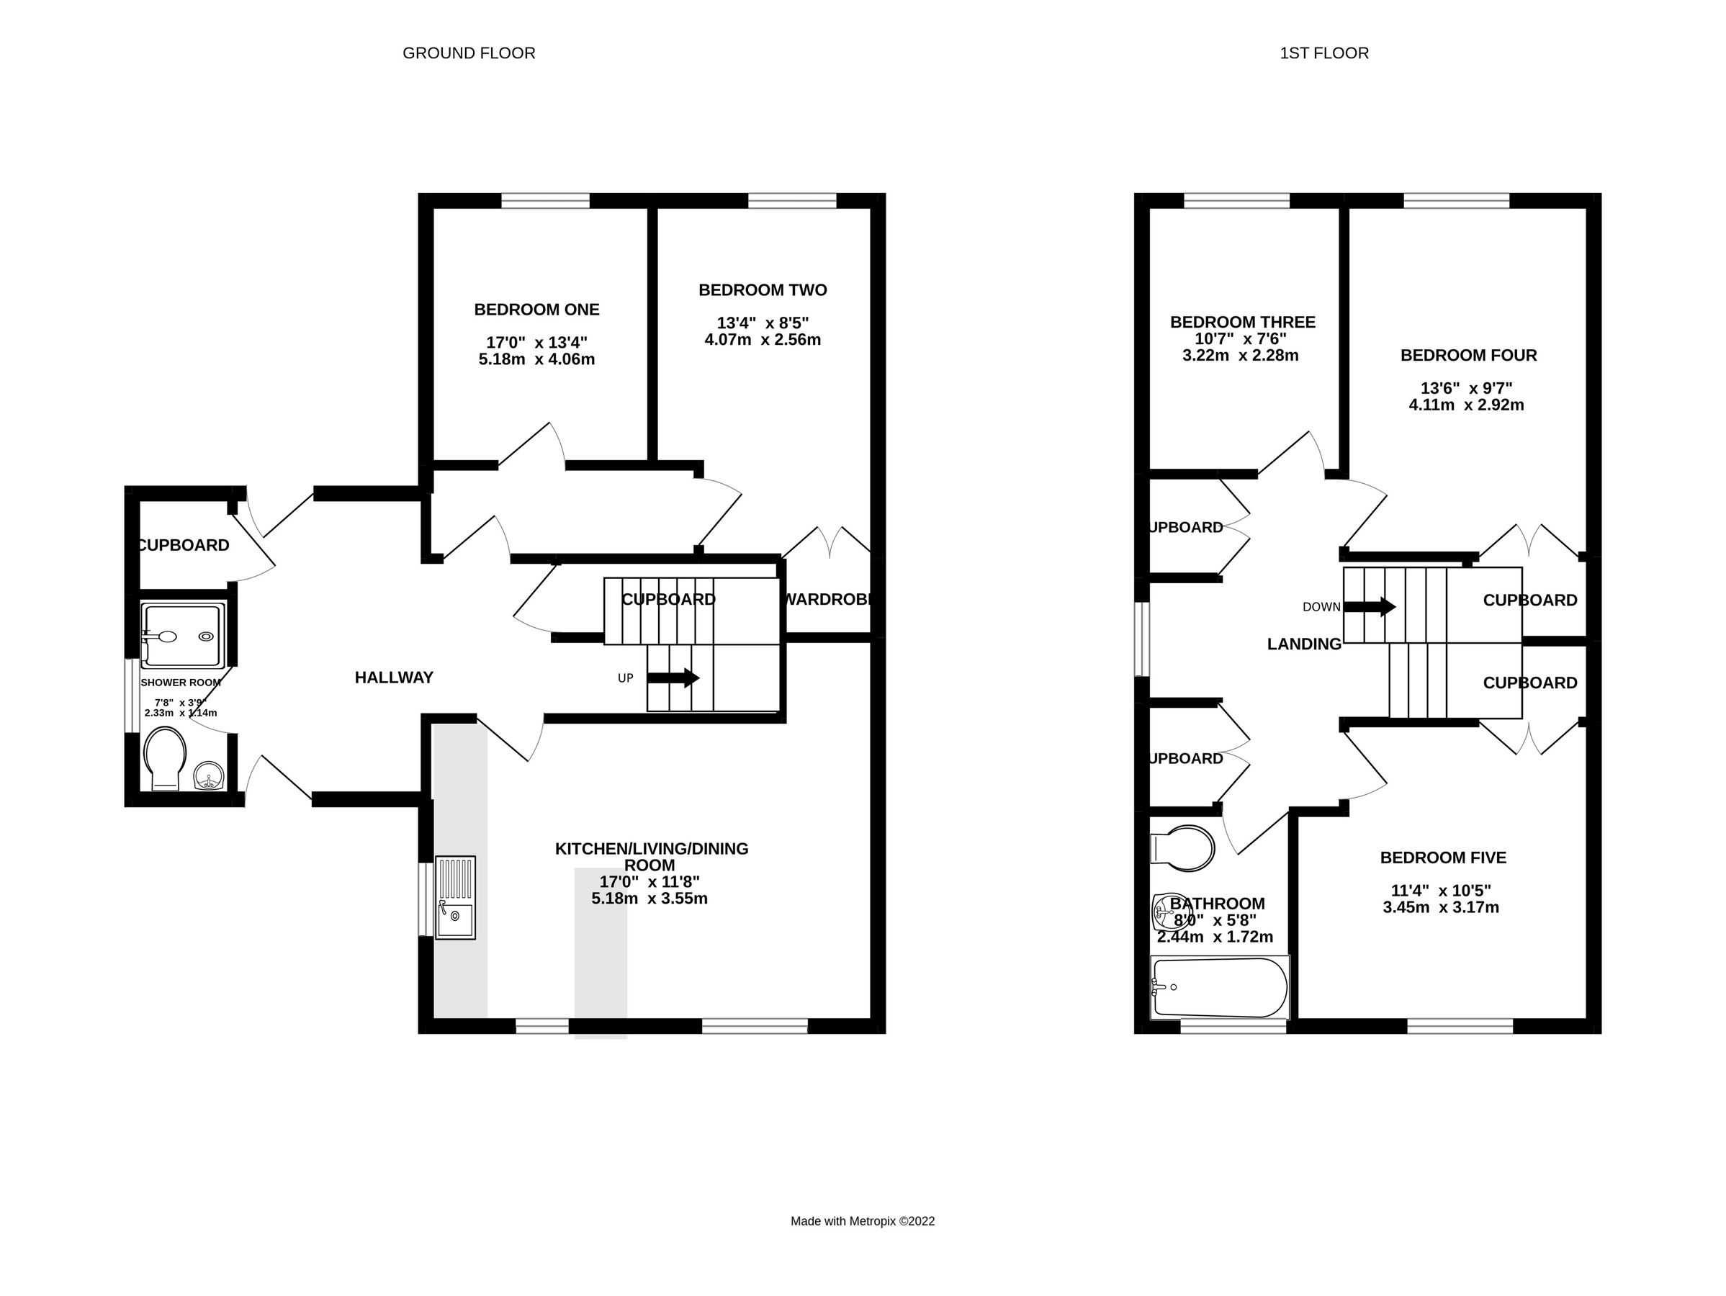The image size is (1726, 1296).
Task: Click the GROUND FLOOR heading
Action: pos(468,53)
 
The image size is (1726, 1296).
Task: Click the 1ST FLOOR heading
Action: pos(1324,53)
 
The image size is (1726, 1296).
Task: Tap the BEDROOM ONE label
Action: pos(537,310)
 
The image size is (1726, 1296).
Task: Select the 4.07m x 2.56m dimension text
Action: pos(763,340)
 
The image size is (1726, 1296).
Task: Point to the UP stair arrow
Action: pos(673,678)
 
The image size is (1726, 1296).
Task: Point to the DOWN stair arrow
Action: pos(1370,606)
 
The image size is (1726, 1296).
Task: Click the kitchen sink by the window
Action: pos(455,897)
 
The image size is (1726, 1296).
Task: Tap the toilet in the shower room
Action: pos(166,757)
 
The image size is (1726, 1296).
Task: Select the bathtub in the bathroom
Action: pos(1220,988)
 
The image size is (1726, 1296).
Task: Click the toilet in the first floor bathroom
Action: pos(1183,848)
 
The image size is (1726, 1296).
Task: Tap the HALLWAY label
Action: pos(394,678)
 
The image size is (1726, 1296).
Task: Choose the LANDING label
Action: pos(1304,644)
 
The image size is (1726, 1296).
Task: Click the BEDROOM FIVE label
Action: pos(1443,858)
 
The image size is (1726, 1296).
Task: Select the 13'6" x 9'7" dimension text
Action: pos(1466,389)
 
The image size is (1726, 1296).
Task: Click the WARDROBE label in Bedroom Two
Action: pos(827,600)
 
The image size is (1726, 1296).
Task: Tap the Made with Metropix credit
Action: pos(862,1221)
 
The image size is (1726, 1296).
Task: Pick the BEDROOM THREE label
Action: pos(1242,323)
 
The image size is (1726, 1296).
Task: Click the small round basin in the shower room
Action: pos(209,776)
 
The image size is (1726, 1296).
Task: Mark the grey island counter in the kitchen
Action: pos(601,952)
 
